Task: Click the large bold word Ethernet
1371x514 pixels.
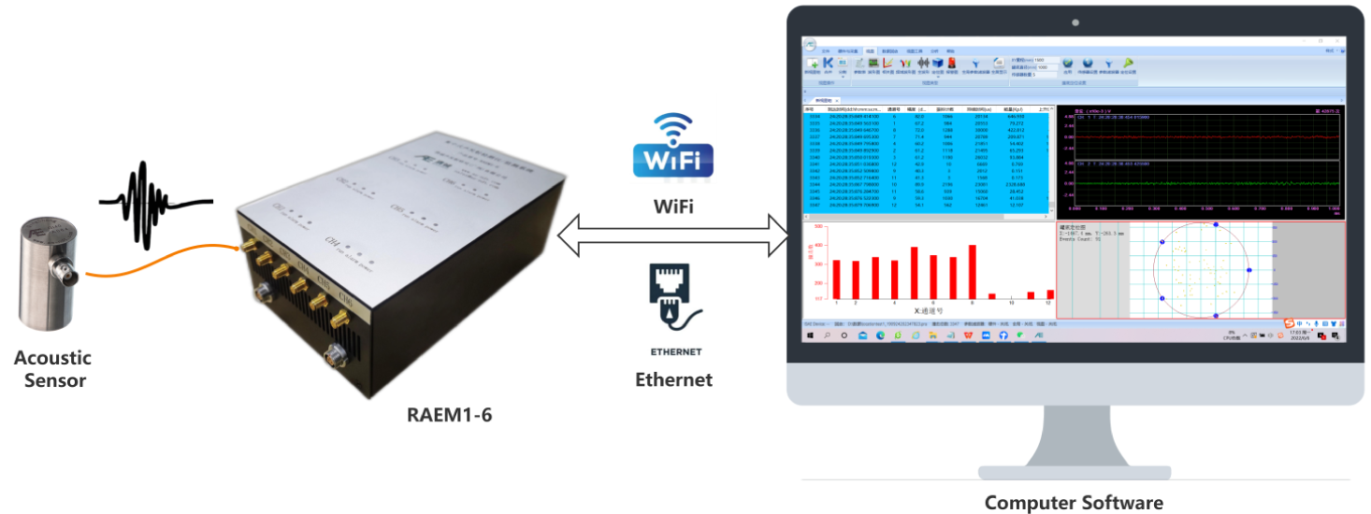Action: pyautogui.click(x=673, y=379)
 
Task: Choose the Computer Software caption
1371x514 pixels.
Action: pyautogui.click(x=1074, y=503)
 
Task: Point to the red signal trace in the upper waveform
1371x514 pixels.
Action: pyautogui.click(x=1206, y=136)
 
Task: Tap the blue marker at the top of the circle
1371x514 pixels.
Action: pyautogui.click(x=1215, y=225)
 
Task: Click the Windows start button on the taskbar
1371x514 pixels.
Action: pyautogui.click(x=810, y=334)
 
